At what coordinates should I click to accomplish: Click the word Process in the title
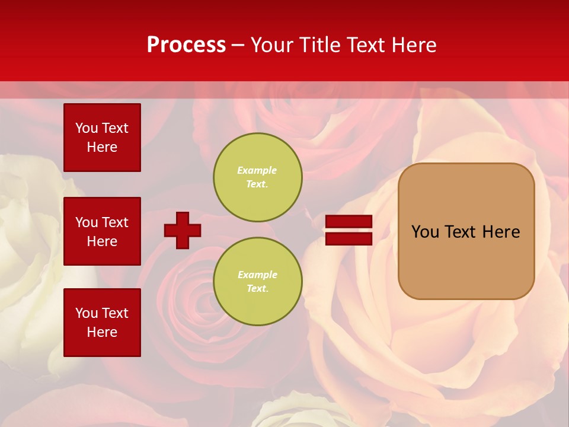click(186, 45)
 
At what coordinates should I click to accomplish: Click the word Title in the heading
click(318, 45)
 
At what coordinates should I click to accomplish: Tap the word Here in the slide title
click(414, 45)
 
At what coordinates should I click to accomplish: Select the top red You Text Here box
click(102, 138)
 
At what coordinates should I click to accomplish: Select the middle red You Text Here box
click(102, 231)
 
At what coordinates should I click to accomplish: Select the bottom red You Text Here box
click(102, 322)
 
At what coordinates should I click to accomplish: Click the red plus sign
click(183, 230)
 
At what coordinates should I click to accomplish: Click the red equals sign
click(349, 230)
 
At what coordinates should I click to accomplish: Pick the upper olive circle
click(258, 177)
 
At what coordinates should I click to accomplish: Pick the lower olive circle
click(258, 282)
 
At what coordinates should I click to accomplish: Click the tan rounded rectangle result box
click(466, 261)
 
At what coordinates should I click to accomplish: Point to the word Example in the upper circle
click(257, 170)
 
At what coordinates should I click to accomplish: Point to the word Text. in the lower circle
click(257, 289)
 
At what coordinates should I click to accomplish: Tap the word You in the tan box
click(425, 232)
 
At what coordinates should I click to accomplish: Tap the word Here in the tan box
click(501, 232)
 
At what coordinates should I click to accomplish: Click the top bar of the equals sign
click(349, 222)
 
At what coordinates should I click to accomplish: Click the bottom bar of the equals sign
click(349, 238)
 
